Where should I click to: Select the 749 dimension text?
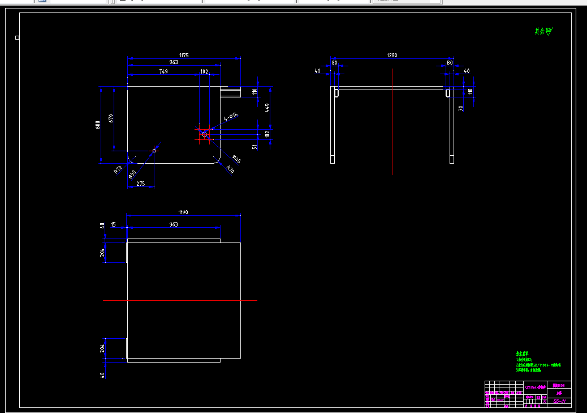(x=163, y=71)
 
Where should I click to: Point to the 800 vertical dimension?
(x=97, y=124)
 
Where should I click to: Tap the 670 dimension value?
(x=111, y=118)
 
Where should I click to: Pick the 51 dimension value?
(x=255, y=147)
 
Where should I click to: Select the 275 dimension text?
(x=140, y=184)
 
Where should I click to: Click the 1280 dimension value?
(x=392, y=56)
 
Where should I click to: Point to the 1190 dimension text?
(x=183, y=212)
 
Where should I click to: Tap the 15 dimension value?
(x=114, y=224)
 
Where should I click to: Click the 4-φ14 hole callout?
(x=230, y=118)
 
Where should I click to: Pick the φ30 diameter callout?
(x=132, y=173)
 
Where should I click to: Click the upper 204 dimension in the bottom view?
(x=102, y=253)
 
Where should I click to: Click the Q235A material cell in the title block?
(x=536, y=388)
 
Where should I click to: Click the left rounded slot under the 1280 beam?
(x=336, y=92)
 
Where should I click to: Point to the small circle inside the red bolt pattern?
(x=204, y=134)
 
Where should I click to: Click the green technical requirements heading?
(x=522, y=354)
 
